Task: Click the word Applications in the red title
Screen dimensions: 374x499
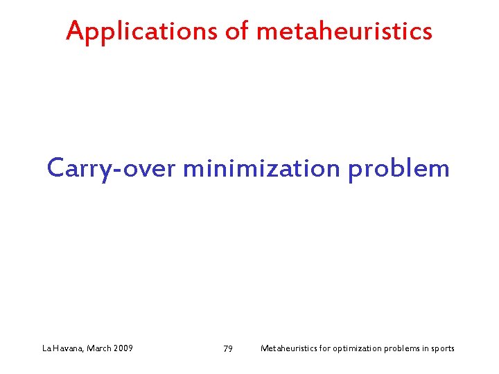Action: click(x=141, y=31)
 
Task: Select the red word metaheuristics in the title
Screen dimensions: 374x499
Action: click(x=344, y=31)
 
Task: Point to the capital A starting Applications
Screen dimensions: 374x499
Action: click(x=75, y=30)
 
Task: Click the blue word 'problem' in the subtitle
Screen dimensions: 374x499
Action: click(x=399, y=168)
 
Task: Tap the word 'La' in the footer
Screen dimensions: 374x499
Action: click(x=46, y=348)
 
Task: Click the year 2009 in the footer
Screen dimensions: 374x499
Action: click(x=123, y=348)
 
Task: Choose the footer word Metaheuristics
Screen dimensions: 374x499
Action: click(x=289, y=348)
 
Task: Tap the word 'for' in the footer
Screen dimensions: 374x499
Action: click(x=326, y=348)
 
